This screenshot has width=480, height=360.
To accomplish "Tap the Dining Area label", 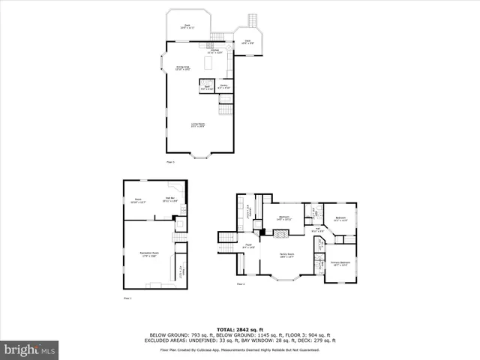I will [182, 68].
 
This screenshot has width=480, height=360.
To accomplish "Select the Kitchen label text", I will [215, 51].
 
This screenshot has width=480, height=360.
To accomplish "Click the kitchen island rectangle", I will [208, 65].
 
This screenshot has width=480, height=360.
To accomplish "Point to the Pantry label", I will [223, 87].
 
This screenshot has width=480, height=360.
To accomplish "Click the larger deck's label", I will [187, 26].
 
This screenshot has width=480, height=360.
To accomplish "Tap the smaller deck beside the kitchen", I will [247, 42].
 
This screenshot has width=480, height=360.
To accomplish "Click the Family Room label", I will [287, 256].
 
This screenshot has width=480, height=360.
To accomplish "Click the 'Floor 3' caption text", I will [170, 162].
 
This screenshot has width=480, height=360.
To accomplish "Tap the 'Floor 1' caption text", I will [127, 298].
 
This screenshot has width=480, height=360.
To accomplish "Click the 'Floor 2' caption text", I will [241, 284].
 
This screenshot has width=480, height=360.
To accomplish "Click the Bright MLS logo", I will [29, 349].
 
